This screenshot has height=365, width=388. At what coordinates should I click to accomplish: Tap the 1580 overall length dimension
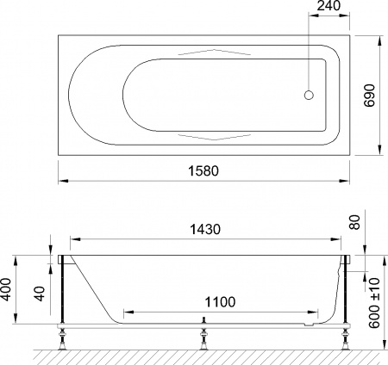click(x=204, y=171)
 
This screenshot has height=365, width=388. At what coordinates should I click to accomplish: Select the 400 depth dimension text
click(x=8, y=290)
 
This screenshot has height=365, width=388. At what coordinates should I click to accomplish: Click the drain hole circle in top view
click(x=312, y=96)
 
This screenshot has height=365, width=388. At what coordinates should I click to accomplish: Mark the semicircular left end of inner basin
click(x=128, y=96)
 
